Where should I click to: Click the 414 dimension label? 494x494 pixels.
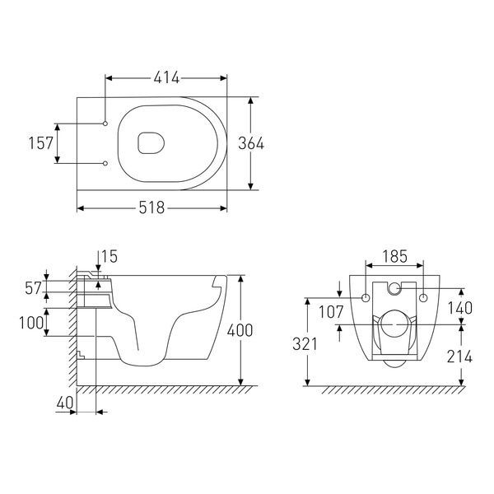(x=166, y=78)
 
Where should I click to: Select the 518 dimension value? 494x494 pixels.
(x=151, y=208)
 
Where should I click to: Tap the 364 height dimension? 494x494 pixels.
(x=251, y=143)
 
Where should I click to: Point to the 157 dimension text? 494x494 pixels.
(x=41, y=143)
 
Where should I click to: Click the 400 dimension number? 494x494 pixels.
(x=240, y=330)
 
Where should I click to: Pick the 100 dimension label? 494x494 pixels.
(x=31, y=323)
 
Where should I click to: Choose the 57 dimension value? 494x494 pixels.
(x=33, y=288)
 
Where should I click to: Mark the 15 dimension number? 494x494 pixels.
(x=110, y=256)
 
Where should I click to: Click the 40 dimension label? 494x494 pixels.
(x=65, y=403)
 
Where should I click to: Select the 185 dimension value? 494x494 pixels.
(x=394, y=256)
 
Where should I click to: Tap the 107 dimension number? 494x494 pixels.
(x=331, y=312)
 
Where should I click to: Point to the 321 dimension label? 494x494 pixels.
(x=305, y=344)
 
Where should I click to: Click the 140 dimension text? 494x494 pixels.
(x=460, y=308)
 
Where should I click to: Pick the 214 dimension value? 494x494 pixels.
(x=459, y=357)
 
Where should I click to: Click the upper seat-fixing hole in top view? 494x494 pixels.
(x=105, y=123)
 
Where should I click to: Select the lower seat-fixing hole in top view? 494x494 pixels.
(x=105, y=163)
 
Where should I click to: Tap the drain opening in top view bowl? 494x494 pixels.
(x=151, y=143)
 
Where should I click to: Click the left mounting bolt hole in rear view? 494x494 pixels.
(x=366, y=298)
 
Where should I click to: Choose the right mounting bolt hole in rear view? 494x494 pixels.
(x=423, y=298)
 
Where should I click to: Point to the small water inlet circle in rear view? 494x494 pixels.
(x=394, y=288)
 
